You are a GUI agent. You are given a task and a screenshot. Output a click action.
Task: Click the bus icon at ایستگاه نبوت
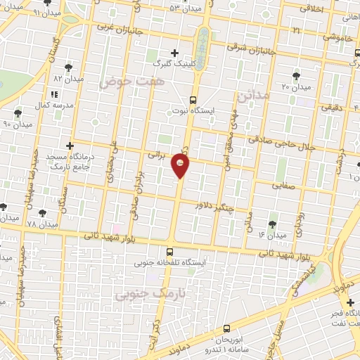pos(193,100)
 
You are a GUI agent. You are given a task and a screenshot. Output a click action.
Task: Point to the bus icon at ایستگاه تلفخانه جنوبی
pos(169,252)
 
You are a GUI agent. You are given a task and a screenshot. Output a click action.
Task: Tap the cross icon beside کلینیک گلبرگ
pos(174,53)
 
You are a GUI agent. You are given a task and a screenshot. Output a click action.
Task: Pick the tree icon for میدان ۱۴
pos(272,224)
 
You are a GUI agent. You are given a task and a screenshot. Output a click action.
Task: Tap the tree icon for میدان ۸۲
pos(68,67)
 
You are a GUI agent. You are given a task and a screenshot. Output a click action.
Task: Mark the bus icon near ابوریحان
pos(226,328)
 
